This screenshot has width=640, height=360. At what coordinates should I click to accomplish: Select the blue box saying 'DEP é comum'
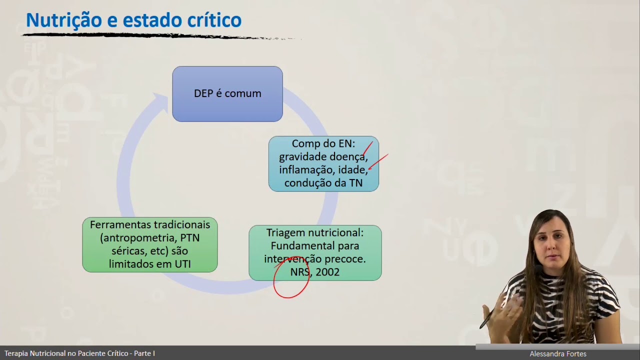tap(227, 94)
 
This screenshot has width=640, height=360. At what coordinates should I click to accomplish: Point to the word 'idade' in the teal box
tap(352, 170)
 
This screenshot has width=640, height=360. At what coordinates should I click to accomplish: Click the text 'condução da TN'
tap(323, 183)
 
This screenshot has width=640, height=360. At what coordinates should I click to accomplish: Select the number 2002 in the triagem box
tap(327, 272)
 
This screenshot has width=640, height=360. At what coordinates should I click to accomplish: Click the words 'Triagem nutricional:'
tap(315, 233)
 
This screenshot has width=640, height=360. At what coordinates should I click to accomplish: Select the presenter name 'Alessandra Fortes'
tap(558, 354)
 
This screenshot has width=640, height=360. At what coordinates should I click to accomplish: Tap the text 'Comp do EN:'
tap(323, 144)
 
